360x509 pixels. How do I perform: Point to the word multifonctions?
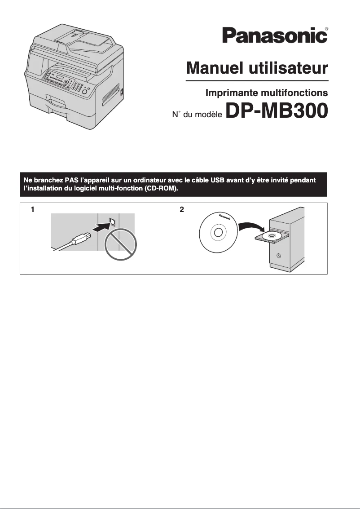click(x=294, y=93)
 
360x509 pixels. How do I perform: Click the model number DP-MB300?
click(x=277, y=112)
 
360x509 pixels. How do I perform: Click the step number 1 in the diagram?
click(x=32, y=209)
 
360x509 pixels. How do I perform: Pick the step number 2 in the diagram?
click(x=181, y=209)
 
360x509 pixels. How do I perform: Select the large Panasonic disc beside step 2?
click(x=218, y=233)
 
